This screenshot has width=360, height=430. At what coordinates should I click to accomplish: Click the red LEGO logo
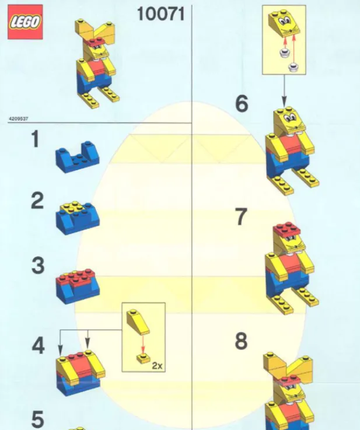25,22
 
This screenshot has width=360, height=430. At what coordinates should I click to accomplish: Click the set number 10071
160,14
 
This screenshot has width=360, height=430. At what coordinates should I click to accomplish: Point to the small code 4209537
18,119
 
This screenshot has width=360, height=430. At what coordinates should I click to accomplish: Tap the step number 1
36,139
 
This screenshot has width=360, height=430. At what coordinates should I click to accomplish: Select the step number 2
37,201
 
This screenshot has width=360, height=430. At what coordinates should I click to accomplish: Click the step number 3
38,265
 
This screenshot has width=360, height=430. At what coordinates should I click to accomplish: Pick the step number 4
38,345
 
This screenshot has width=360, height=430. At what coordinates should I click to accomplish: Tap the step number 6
242,103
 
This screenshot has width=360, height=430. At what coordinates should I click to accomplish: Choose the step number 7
241,216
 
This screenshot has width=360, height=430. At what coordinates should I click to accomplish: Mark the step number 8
241,341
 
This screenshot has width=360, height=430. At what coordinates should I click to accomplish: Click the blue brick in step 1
78,157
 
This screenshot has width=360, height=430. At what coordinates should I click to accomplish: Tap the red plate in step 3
76,277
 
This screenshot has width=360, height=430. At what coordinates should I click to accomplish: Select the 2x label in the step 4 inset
157,366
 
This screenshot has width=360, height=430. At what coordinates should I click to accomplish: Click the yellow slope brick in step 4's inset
138,321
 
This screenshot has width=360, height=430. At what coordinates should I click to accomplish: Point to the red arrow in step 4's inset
142,344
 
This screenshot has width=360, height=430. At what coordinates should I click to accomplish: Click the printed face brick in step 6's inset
284,24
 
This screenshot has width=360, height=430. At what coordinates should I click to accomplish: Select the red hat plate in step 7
287,229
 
